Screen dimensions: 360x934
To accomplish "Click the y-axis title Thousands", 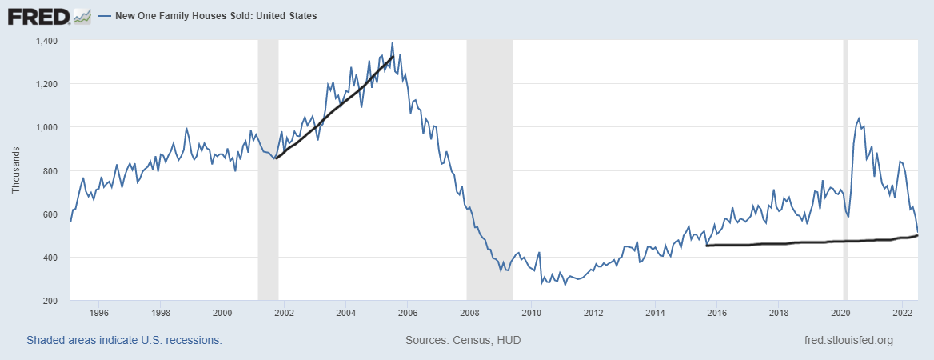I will (16, 170).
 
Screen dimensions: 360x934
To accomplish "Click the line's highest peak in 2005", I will (392, 43).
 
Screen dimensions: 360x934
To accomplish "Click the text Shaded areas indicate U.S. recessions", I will (124, 340).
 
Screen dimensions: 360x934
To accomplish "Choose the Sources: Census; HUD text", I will (463, 340).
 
